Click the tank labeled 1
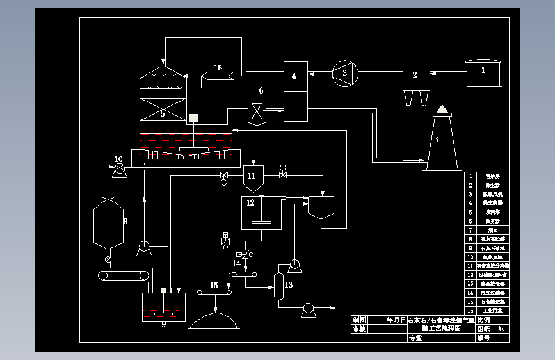(484, 74)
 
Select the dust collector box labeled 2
(415, 76)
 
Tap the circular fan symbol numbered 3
(344, 73)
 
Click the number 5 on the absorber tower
(163, 113)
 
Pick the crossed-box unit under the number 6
(257, 110)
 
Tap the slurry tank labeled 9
(163, 307)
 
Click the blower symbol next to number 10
(119, 170)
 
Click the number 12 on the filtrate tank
(250, 202)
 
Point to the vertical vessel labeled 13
(278, 286)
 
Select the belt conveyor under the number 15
(214, 293)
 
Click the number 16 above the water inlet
(218, 68)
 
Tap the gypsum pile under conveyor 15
(214, 320)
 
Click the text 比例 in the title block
(483, 320)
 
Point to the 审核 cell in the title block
(359, 329)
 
